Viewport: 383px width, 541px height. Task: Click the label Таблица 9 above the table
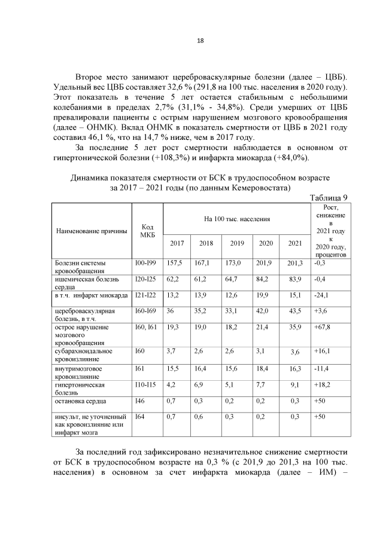(328, 198)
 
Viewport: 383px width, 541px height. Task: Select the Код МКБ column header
(147, 230)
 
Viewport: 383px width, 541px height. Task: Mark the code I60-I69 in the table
(145, 311)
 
